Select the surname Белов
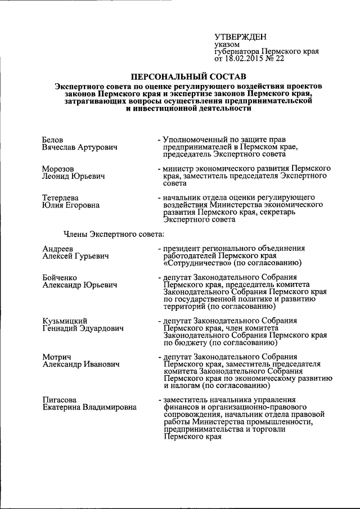(53, 139)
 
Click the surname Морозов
(58, 168)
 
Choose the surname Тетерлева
(61, 197)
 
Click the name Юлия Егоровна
(71, 205)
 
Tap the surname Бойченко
(60, 277)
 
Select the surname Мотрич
(57, 357)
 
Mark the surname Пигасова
(60, 400)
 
